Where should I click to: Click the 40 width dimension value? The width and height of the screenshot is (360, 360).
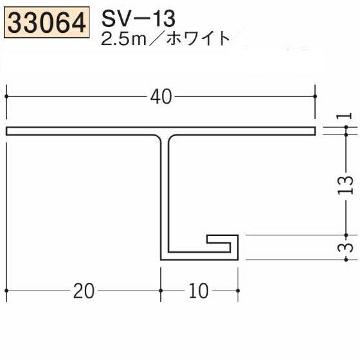(x=161, y=97)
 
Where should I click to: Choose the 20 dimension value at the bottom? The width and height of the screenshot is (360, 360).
(x=83, y=291)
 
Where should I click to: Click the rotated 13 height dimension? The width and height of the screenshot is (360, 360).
(x=346, y=185)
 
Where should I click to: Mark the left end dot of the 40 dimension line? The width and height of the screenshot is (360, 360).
(x=6, y=97)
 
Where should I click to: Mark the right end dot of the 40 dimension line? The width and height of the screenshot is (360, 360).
(x=315, y=97)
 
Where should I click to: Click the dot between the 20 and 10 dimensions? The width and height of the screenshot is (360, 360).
(x=161, y=291)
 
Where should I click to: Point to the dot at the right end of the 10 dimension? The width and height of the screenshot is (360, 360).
(x=238, y=291)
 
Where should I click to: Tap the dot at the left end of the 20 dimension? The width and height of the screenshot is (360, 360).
(x=6, y=291)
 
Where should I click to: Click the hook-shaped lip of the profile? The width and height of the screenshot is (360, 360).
(x=225, y=242)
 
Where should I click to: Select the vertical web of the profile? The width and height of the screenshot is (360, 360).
(x=165, y=193)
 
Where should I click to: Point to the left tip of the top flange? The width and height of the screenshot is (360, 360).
(x=8, y=131)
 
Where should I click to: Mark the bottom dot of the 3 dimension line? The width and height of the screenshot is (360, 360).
(x=346, y=260)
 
